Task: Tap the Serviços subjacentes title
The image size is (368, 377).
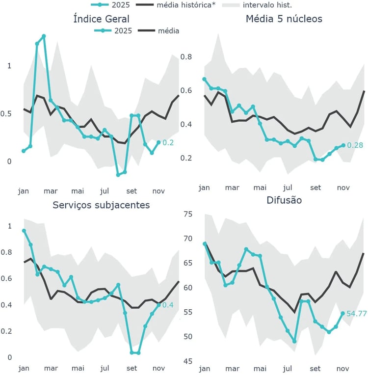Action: pos(101,205)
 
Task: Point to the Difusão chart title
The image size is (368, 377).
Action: pos(284,200)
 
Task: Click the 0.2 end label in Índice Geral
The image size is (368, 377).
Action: pos(168,143)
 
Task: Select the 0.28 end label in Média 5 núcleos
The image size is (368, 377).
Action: pos(354,145)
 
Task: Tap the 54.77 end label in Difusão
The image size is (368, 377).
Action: pos(357,313)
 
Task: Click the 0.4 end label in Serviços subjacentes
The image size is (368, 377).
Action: pos(168,305)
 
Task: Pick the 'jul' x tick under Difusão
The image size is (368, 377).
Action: pos(288,368)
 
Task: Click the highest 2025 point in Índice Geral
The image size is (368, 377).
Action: pos(44,36)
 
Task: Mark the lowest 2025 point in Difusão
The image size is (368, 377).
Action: pos(294,341)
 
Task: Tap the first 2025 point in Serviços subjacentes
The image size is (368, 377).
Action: pos(24,231)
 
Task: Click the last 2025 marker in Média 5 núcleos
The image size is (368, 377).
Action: pos(343,145)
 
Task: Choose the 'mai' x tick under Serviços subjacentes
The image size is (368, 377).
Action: pos(78,368)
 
